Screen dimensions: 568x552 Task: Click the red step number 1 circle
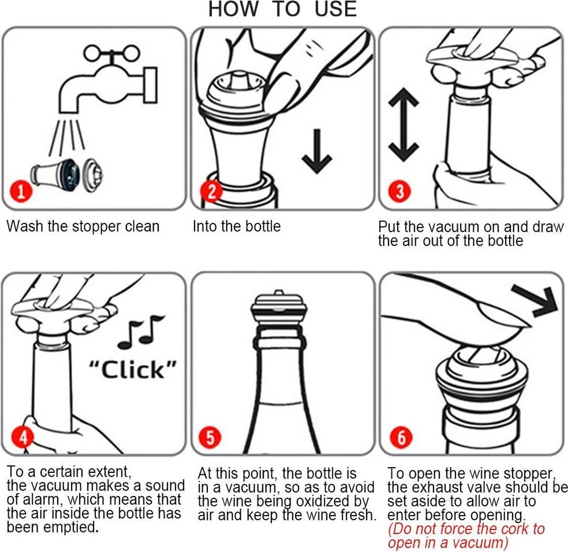[x=21, y=191]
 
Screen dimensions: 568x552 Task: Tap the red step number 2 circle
[x=211, y=191]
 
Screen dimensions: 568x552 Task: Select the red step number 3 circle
[x=399, y=191]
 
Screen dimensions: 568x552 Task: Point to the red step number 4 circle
[x=22, y=437]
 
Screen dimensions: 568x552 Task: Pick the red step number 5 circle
[x=210, y=437]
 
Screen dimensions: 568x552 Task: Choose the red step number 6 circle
[x=401, y=437]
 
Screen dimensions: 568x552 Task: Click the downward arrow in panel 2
[x=317, y=151]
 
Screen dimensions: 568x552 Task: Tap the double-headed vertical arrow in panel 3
[x=404, y=125]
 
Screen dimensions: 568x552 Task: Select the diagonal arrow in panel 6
[x=535, y=301]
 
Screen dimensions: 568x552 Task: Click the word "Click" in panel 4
[x=133, y=370]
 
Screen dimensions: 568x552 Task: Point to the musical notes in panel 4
[x=141, y=332]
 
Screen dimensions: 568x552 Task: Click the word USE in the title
[x=336, y=9]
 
